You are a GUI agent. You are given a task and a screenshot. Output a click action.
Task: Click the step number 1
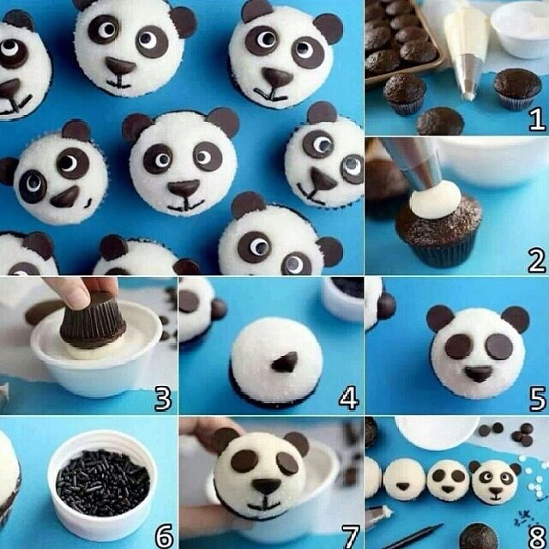tap(537, 118)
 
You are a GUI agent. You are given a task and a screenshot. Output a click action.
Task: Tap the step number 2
tap(537, 260)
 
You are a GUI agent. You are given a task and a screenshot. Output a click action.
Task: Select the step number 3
tap(163, 398)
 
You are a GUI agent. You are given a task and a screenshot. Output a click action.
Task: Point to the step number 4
tap(349, 398)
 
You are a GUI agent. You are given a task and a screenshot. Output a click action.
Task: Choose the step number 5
tap(538, 398)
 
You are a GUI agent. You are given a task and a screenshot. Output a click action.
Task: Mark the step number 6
tap(164, 535)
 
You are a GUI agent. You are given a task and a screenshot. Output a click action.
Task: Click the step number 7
tap(350, 535)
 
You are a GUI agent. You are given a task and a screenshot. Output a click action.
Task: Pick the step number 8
tap(538, 535)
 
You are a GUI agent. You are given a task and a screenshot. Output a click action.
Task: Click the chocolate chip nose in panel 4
tap(285, 362)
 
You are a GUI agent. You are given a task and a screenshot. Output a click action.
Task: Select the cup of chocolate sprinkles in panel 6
tap(101, 484)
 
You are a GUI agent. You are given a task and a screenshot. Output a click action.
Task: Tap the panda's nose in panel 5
tap(478, 374)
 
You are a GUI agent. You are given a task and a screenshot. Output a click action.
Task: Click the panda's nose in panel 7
tap(267, 486)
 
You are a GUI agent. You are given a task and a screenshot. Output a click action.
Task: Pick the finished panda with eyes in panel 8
tap(495, 481)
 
